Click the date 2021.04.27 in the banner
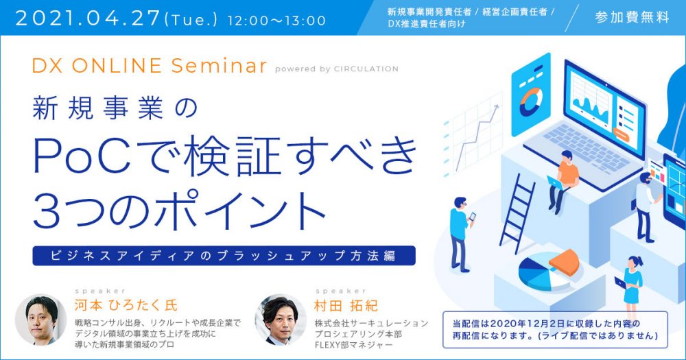click(88, 19)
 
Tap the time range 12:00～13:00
click(276, 21)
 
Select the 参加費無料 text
click(632, 17)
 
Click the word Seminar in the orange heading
click(219, 66)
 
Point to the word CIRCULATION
click(366, 69)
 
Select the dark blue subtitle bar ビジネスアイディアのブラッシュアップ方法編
click(224, 256)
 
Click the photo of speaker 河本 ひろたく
click(40, 320)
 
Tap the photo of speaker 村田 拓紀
click(281, 320)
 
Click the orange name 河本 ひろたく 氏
click(126, 305)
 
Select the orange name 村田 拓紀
click(346, 305)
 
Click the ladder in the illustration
click(518, 213)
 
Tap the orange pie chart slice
click(565, 261)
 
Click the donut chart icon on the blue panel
click(530, 102)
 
